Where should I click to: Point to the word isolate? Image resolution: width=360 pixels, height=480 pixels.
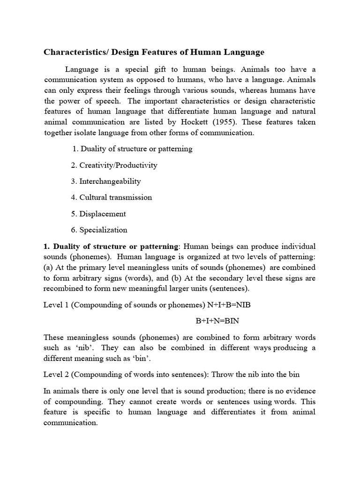93,133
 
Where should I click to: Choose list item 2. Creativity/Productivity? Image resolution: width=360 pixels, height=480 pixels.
114,165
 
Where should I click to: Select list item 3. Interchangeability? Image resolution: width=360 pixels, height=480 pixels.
105,181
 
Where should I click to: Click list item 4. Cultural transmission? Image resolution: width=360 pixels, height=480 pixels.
111,197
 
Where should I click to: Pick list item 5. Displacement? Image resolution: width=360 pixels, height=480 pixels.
98,214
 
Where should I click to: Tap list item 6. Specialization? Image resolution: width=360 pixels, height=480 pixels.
99,230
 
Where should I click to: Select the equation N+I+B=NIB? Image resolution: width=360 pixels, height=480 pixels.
229,305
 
